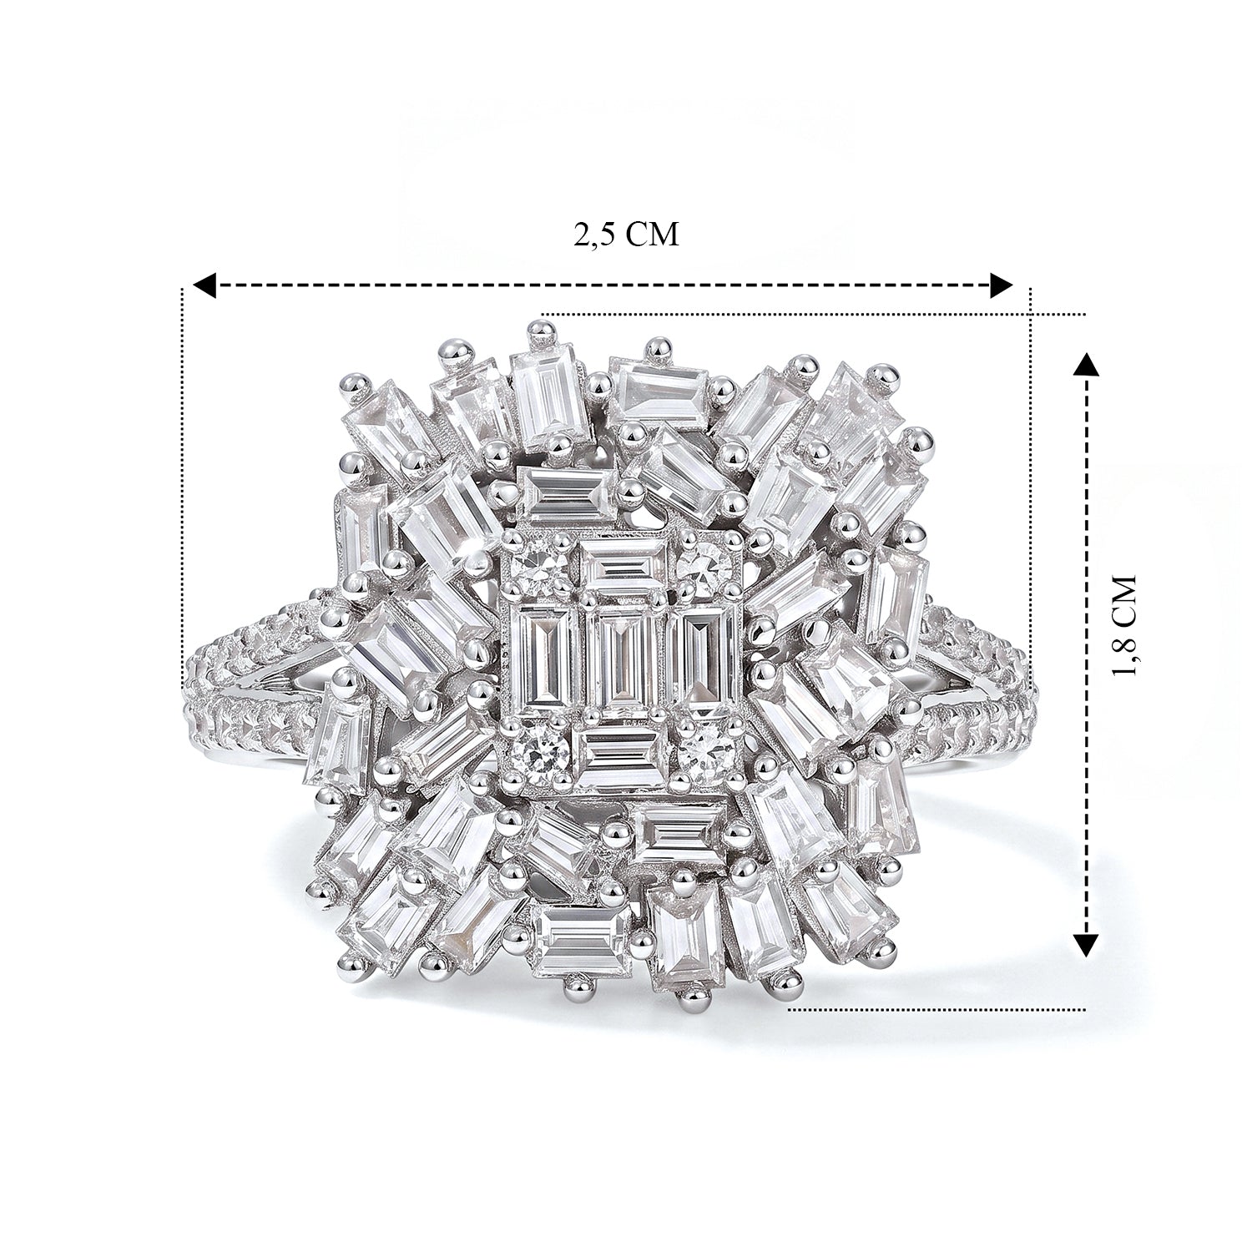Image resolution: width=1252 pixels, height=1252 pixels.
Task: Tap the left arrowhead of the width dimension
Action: (204, 285)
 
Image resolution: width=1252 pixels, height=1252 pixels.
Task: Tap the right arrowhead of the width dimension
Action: (1001, 285)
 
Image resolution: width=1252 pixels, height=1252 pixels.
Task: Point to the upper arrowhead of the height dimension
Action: (1084, 366)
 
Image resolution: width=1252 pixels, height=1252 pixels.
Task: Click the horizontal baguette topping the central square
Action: (623, 565)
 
